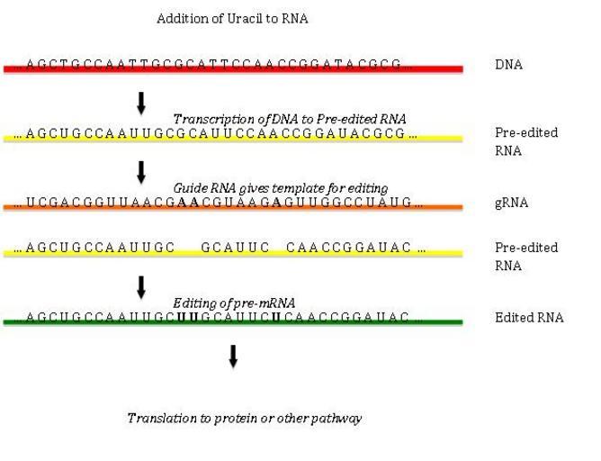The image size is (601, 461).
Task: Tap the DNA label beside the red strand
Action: point(508,65)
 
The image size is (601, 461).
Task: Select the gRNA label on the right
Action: point(511,203)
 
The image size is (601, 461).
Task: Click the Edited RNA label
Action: point(529,318)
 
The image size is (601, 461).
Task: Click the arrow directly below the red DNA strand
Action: point(141,103)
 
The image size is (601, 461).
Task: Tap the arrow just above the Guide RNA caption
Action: point(141,172)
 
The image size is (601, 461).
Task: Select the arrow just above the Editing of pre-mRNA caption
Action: point(141,286)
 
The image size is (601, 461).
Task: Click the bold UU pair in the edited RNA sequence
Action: point(187,317)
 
